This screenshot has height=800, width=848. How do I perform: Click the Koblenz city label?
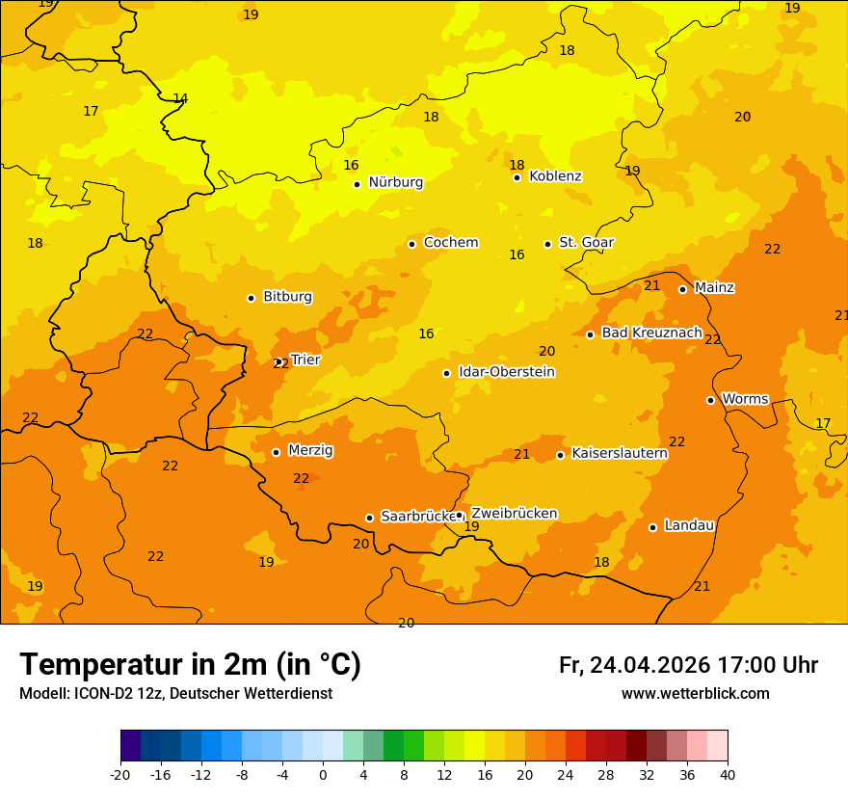pyautogui.click(x=555, y=176)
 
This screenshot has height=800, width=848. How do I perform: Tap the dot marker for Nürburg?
pyautogui.click(x=357, y=184)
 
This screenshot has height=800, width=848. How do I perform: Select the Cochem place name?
pyautogui.click(x=450, y=243)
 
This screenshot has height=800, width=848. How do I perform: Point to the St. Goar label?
pyautogui.click(x=586, y=243)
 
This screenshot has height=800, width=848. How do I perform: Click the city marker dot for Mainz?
pyautogui.click(x=682, y=289)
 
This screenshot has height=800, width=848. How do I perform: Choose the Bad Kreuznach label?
pyautogui.click(x=651, y=333)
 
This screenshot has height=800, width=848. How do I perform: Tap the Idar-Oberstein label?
pyautogui.click(x=506, y=372)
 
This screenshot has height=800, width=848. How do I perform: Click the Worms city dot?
pyautogui.click(x=710, y=400)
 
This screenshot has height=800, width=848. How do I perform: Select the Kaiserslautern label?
pyautogui.click(x=619, y=453)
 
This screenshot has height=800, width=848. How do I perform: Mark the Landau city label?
pyautogui.click(x=689, y=525)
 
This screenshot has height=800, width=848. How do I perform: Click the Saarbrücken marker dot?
pyautogui.click(x=369, y=518)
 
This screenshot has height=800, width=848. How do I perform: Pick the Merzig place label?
pyautogui.click(x=310, y=450)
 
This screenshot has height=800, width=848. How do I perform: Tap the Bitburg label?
pyautogui.click(x=287, y=297)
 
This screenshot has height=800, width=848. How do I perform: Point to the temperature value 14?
pyautogui.click(x=180, y=99)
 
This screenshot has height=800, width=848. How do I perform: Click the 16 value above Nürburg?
pyautogui.click(x=351, y=166)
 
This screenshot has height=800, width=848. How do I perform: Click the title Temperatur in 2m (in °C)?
pyautogui.click(x=190, y=664)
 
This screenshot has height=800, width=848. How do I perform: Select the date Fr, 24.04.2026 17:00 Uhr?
pyautogui.click(x=688, y=665)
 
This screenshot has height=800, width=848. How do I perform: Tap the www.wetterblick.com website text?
pyautogui.click(x=695, y=694)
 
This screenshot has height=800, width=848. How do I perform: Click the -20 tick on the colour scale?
pyautogui.click(x=120, y=775)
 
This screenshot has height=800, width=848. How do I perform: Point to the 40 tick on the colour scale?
pyautogui.click(x=728, y=775)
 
